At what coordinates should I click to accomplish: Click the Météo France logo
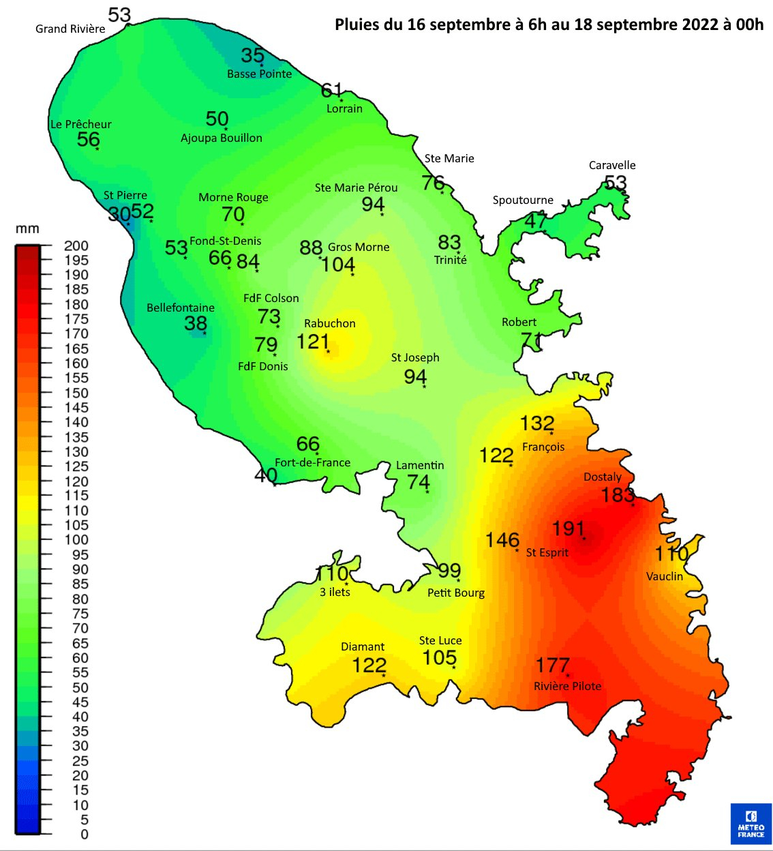tap(751, 824)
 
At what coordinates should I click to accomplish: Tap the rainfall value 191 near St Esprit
tap(569, 528)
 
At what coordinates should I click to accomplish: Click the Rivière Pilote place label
tap(567, 686)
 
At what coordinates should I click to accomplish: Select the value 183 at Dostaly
tap(618, 494)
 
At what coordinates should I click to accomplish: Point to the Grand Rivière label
tap(70, 29)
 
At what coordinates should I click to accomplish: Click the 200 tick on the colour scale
tap(76, 245)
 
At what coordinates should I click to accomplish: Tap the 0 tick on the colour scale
tap(84, 834)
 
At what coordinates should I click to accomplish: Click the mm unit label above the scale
tap(27, 229)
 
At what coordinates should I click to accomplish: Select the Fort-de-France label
tap(312, 462)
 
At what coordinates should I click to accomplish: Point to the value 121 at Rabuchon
tap(313, 341)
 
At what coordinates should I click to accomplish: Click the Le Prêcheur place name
tap(80, 124)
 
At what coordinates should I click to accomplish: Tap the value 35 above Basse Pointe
tap(252, 55)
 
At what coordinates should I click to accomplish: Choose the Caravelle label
tap(612, 165)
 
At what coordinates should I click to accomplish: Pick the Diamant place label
tap(363, 646)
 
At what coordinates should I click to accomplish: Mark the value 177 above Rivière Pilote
tap(552, 665)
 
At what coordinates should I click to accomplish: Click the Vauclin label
tap(664, 576)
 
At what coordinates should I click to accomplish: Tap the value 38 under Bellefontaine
tap(196, 323)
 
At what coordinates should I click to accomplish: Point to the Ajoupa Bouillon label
tap(221, 138)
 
